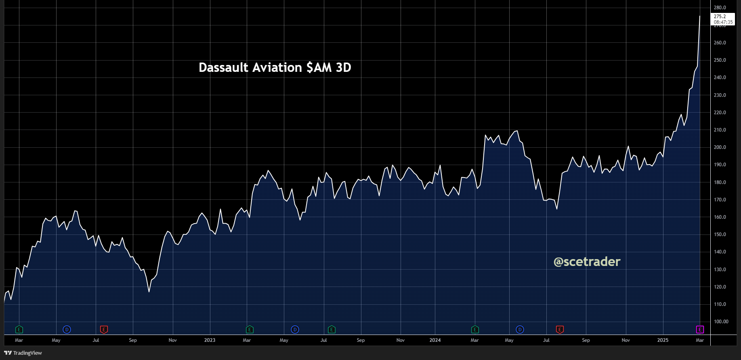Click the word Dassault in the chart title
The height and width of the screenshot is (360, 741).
pyautogui.click(x=223, y=67)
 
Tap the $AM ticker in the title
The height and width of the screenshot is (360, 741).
pyautogui.click(x=319, y=67)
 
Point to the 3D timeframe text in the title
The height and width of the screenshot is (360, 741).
pyautogui.click(x=343, y=67)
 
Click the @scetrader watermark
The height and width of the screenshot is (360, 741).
pyautogui.click(x=587, y=262)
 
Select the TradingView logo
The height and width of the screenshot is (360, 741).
pyautogui.click(x=23, y=353)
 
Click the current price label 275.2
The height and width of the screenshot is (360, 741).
pyautogui.click(x=720, y=17)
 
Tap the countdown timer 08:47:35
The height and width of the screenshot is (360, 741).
pyautogui.click(x=723, y=22)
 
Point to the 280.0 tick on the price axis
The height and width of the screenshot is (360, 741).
pyautogui.click(x=720, y=8)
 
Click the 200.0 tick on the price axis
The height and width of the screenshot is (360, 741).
pyautogui.click(x=720, y=147)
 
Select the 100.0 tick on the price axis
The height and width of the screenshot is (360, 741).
pyautogui.click(x=721, y=322)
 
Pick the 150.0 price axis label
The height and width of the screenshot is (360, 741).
pyautogui.click(x=720, y=234)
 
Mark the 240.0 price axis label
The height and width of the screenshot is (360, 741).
pyautogui.click(x=720, y=77)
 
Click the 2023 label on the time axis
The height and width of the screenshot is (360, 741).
pyautogui.click(x=210, y=340)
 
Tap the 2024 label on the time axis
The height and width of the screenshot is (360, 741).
pyautogui.click(x=435, y=340)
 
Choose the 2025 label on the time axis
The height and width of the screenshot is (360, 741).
pyautogui.click(x=663, y=340)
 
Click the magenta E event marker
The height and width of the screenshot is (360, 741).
pyautogui.click(x=700, y=330)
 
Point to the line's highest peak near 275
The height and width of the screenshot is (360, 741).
pyautogui.click(x=700, y=16)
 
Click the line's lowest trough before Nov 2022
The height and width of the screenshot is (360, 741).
pyautogui.click(x=149, y=291)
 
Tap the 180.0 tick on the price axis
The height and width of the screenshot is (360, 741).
pyautogui.click(x=720, y=182)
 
